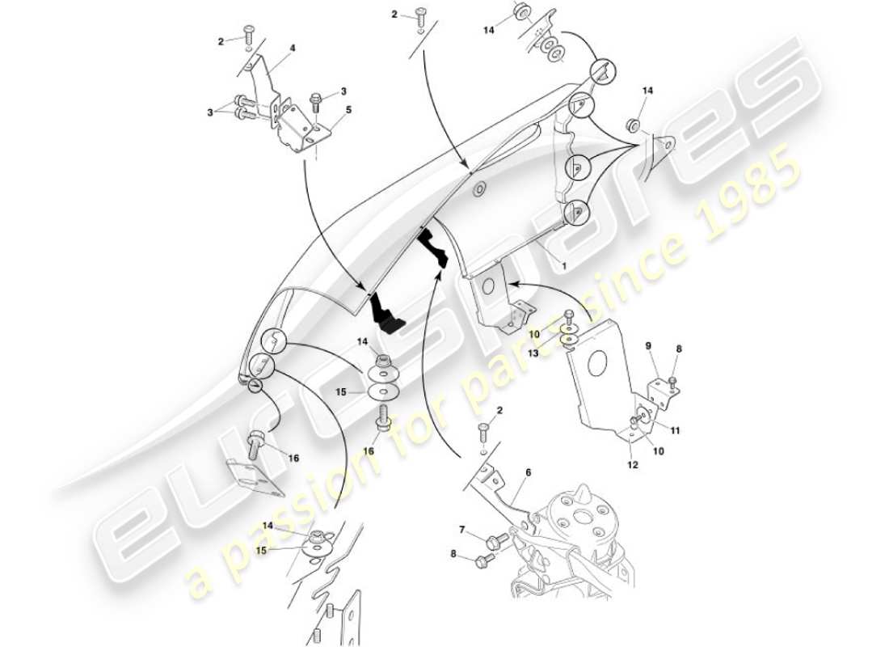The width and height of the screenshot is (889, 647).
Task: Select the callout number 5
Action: pyautogui.click(x=348, y=110)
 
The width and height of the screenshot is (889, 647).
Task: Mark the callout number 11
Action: pyautogui.click(x=675, y=431)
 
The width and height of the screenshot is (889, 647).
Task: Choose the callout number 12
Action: pyautogui.click(x=632, y=465)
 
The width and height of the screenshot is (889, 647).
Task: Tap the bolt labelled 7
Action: pyautogui.click(x=496, y=539)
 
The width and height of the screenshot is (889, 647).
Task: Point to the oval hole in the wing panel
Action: pyautogui.click(x=478, y=188)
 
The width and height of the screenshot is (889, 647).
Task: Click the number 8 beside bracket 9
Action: pyautogui.click(x=679, y=349)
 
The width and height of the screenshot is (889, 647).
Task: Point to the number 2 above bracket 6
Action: pyautogui.click(x=499, y=411)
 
